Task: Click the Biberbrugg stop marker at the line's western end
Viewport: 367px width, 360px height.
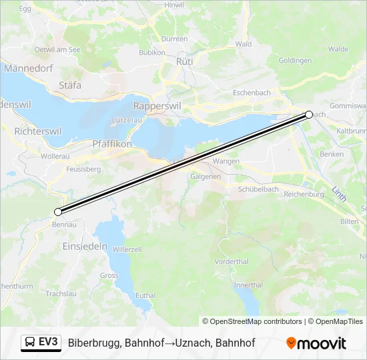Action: (58, 212)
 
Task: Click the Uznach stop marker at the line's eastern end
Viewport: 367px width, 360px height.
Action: (309, 115)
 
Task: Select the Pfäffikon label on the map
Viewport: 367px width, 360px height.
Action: (112, 143)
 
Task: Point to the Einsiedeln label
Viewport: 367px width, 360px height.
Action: (85, 246)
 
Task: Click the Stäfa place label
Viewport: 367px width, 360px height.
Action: (70, 85)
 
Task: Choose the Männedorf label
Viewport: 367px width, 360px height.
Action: (29, 67)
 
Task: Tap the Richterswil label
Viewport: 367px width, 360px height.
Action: (37, 131)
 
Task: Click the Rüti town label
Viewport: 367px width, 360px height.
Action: (184, 61)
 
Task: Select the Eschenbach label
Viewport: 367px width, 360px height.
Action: (252, 93)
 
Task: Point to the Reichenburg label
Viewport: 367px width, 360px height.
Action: (304, 194)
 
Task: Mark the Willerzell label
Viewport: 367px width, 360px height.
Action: (127, 249)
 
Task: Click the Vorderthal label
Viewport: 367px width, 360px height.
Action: (232, 262)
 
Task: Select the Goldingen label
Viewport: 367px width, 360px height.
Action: (295, 61)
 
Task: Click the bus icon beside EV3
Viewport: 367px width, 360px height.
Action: (30, 343)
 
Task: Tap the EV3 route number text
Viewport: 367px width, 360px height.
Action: (49, 343)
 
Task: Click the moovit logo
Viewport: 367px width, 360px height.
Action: (316, 343)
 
